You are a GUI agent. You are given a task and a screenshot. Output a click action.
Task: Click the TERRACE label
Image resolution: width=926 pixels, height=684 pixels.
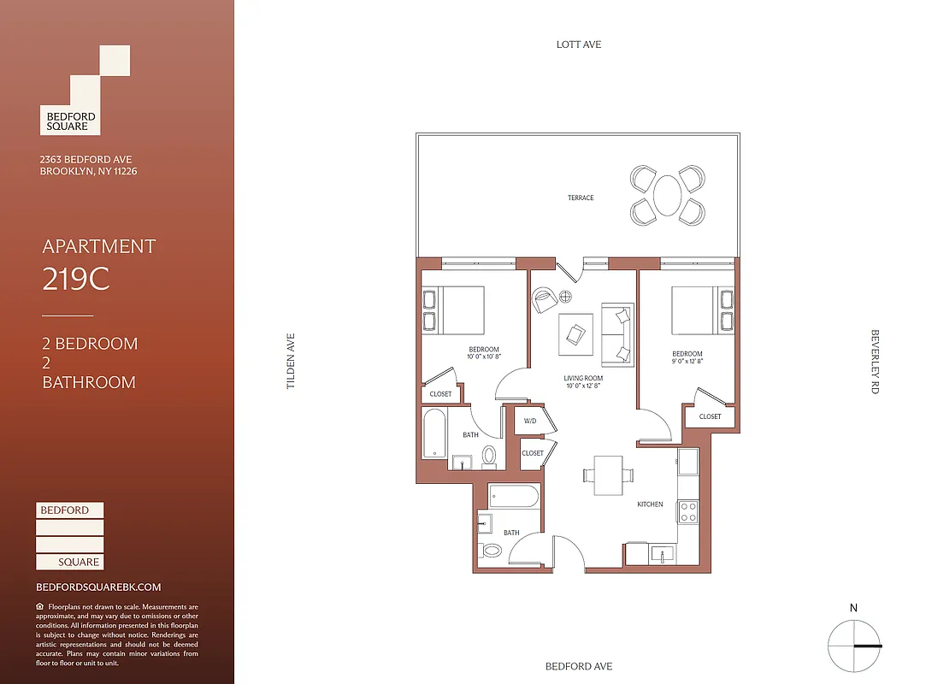click(x=581, y=198)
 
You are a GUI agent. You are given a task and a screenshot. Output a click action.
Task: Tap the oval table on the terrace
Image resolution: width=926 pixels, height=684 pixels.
click(x=668, y=196)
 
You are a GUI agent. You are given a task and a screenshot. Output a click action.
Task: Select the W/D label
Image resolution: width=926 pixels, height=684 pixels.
click(x=530, y=421)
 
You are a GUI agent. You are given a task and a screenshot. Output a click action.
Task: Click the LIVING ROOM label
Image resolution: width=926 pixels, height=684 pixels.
click(x=583, y=378)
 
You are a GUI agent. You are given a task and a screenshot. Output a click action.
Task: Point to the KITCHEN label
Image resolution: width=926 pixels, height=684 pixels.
click(x=650, y=504)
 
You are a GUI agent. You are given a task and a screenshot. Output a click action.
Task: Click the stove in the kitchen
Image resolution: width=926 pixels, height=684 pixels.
click(x=689, y=511)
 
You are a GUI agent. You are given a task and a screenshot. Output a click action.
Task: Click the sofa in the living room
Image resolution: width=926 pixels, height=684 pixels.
click(x=617, y=333)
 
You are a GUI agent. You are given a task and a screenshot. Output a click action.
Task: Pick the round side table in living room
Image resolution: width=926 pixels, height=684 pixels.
click(x=566, y=297)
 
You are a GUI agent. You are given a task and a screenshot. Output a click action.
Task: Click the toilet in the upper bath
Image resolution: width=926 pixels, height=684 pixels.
click(x=490, y=455)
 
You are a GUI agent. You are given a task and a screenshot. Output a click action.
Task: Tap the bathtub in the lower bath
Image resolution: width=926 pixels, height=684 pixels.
click(x=514, y=497)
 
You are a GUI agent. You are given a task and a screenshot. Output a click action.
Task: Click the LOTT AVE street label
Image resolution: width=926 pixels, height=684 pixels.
click(x=579, y=44)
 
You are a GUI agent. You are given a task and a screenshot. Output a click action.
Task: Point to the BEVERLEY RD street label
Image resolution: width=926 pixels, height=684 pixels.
click(x=875, y=362)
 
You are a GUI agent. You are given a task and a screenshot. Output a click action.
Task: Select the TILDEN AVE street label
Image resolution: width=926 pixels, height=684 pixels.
click(x=291, y=362)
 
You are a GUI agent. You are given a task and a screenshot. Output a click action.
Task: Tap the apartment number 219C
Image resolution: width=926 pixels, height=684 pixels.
click(x=76, y=280)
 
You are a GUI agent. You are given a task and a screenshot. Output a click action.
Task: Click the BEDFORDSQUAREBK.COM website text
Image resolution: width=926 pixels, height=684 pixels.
click(x=98, y=587)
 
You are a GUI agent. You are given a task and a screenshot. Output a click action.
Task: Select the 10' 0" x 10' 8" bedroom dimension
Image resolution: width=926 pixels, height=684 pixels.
click(x=483, y=357)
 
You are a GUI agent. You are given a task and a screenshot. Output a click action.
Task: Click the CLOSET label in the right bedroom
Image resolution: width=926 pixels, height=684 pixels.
click(x=710, y=416)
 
